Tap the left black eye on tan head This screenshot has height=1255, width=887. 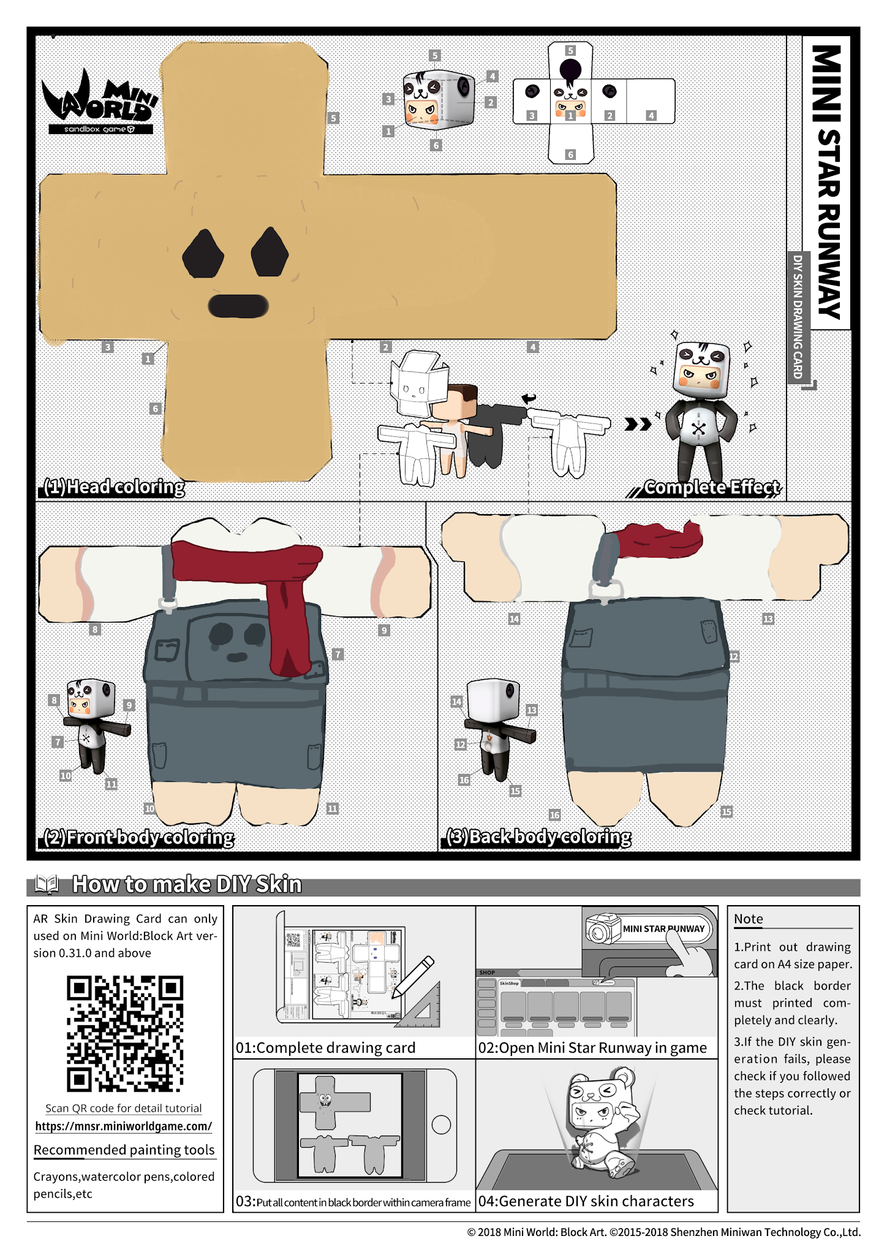(203, 254)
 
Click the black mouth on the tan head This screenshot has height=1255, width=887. (238, 306)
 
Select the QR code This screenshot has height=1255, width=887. (124, 1034)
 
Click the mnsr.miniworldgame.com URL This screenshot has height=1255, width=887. (124, 1126)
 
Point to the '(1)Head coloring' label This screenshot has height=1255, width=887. (114, 487)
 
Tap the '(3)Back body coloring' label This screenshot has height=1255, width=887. (538, 836)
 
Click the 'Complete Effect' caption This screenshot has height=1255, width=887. (712, 487)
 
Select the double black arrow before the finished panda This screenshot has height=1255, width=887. (637, 424)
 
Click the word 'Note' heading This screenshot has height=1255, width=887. (748, 919)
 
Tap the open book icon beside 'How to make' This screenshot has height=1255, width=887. (47, 884)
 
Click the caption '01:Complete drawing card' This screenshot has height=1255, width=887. (325, 1047)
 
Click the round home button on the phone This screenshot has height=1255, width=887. (441, 1124)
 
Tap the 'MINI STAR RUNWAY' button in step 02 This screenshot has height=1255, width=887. (663, 928)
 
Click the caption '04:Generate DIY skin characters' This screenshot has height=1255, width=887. (586, 1201)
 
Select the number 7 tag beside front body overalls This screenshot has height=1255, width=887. (338, 654)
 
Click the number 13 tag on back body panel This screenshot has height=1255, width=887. (768, 619)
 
